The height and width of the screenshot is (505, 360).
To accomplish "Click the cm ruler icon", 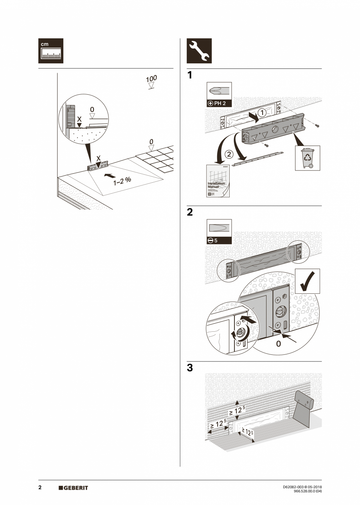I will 50,51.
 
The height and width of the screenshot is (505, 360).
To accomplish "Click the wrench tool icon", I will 199,51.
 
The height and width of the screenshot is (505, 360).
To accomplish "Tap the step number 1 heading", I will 190,75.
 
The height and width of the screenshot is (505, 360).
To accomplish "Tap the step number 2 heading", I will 190,212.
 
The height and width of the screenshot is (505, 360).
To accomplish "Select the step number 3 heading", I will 190,368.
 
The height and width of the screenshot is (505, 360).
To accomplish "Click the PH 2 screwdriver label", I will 219,104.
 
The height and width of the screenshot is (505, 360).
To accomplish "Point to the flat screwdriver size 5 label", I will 219,241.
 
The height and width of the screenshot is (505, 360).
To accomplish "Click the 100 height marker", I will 151,79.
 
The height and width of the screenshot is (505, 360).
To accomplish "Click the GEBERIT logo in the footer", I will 73,488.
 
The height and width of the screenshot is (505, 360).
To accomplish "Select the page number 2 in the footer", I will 40,487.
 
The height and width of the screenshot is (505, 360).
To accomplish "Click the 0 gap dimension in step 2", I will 278,344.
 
